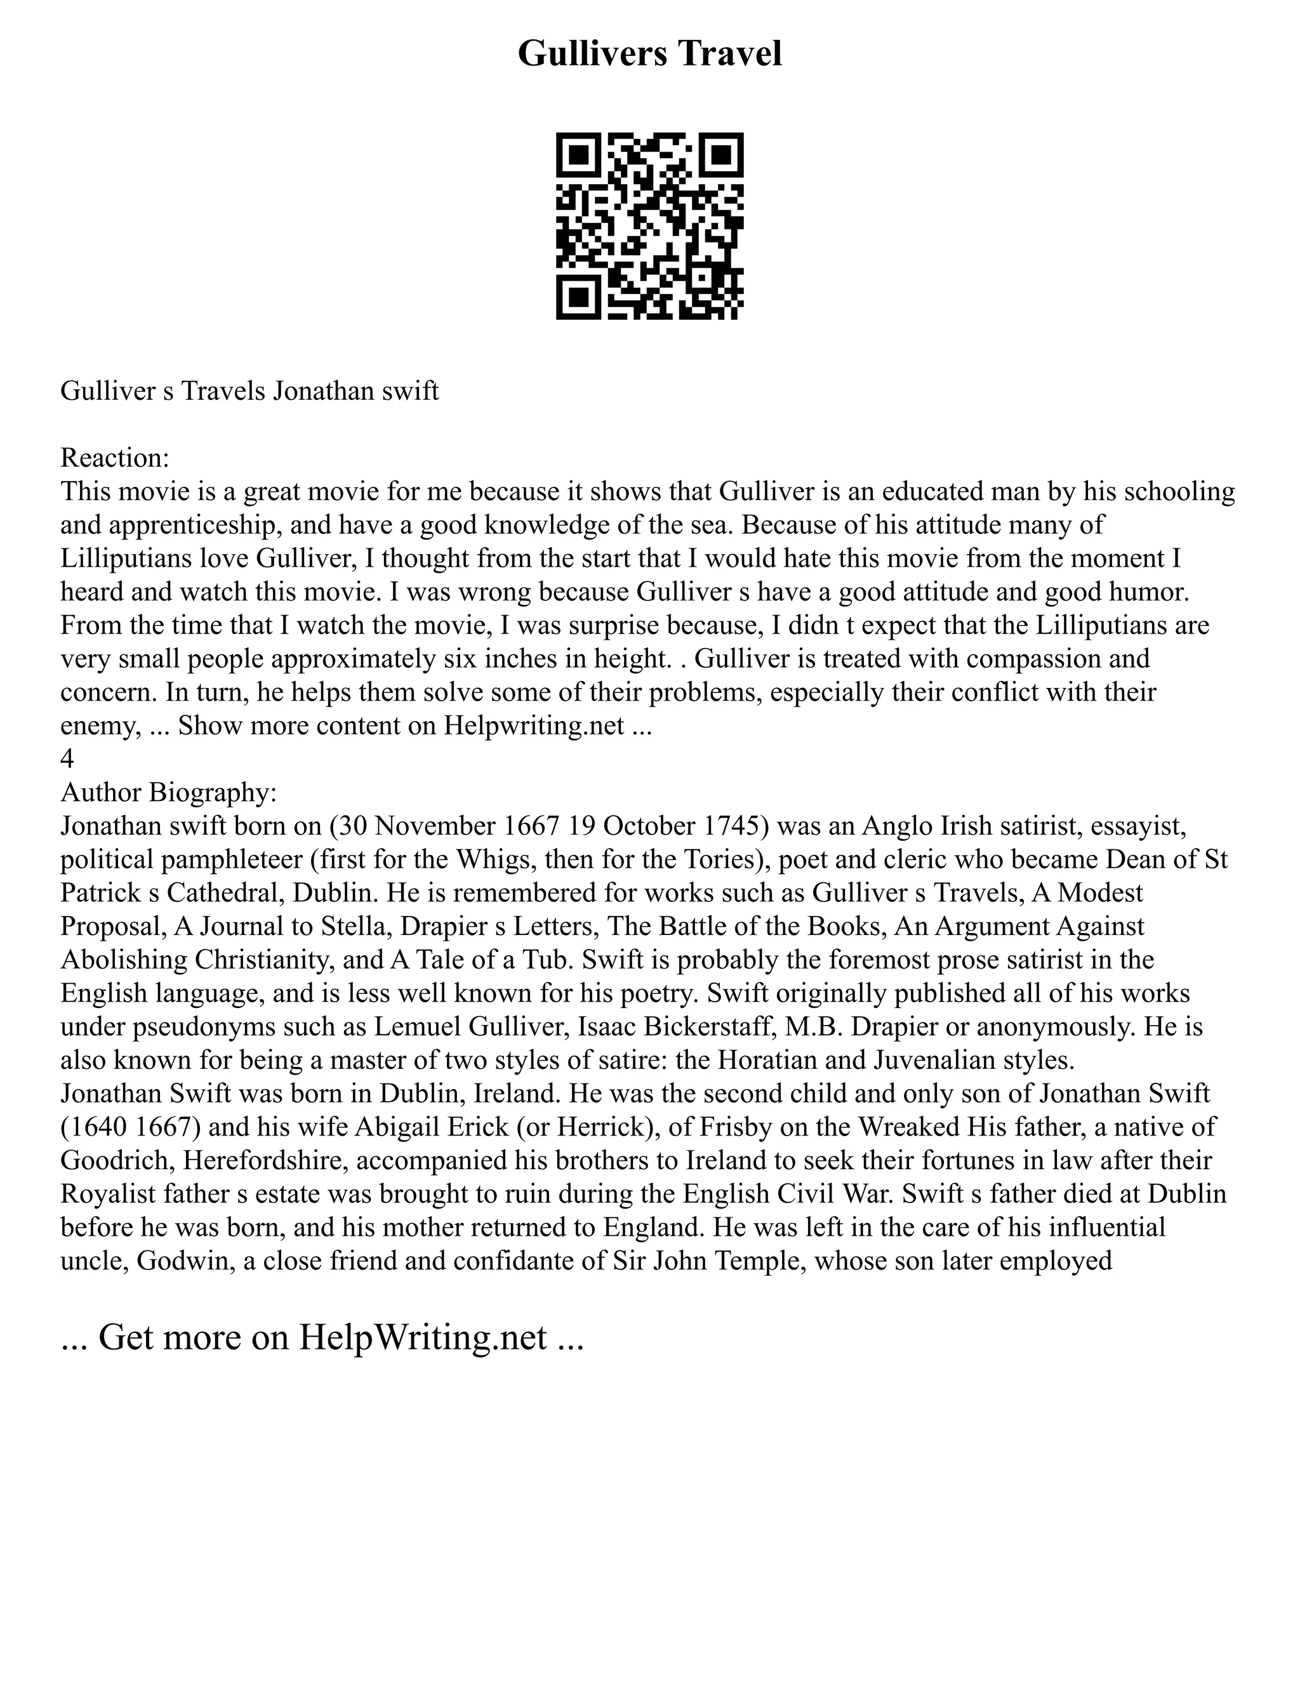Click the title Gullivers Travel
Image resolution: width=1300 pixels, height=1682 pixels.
pos(649,54)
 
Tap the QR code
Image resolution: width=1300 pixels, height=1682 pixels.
pos(649,226)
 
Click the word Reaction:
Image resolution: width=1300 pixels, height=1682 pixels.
pos(115,458)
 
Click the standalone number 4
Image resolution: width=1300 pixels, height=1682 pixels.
pos(67,758)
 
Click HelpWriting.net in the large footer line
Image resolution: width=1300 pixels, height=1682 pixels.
pos(423,1337)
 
